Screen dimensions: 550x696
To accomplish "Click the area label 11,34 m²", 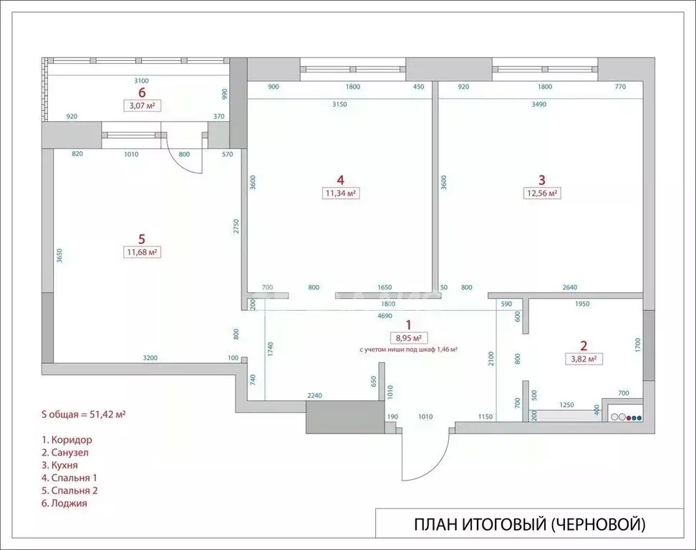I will point(341,193).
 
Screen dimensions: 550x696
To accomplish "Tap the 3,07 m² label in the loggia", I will point(141,105).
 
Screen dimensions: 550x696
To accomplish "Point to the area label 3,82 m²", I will point(582,359).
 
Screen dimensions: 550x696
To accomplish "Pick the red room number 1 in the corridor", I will point(409,324).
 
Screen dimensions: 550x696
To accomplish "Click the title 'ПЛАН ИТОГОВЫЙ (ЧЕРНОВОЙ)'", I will point(529,525).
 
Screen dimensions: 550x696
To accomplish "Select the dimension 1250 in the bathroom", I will point(566,405).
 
